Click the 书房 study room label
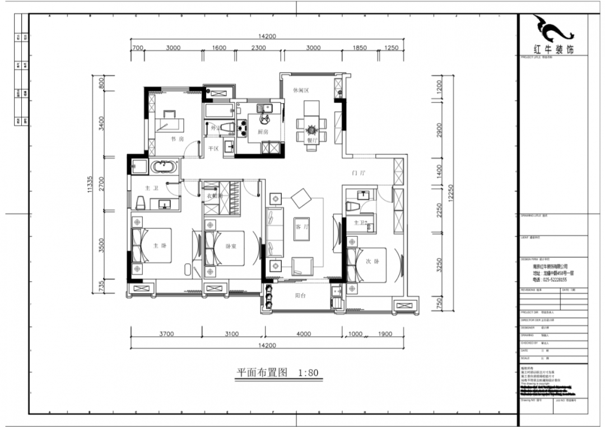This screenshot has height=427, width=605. click(177, 138)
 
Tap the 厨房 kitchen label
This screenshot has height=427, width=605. click(263, 132)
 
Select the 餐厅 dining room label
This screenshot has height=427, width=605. click(312, 141)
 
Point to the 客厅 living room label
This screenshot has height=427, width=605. click(301, 227)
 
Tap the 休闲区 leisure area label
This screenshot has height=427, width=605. click(301, 90)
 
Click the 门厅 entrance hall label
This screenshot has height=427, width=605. click(359, 173)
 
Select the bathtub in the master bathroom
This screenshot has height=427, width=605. click(164, 167)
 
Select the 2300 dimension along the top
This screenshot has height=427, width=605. click(258, 48)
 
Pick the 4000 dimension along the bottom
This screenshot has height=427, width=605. click(304, 334)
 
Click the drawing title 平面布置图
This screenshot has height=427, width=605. click(262, 372)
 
